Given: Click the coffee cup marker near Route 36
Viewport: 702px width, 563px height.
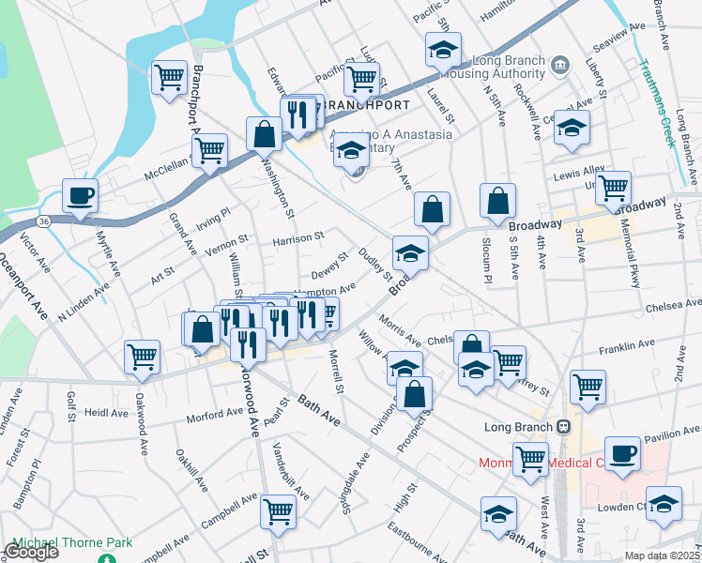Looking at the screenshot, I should pos(80,196).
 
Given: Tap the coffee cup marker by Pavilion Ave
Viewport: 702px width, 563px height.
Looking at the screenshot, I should pos(622,454).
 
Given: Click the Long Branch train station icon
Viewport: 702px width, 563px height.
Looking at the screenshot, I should pos(563,426).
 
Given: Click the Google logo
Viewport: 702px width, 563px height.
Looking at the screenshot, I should pos(31,551).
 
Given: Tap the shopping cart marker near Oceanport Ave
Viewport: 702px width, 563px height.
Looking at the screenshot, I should pos(143,357).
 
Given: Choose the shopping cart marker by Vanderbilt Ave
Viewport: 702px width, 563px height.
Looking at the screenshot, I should pos(279,511).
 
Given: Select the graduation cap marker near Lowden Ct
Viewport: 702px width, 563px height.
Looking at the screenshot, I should pos(664,504).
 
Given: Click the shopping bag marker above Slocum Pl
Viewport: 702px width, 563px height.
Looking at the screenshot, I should pos(497,200).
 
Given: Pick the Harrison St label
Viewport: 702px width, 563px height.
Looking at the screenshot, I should pos(298,238).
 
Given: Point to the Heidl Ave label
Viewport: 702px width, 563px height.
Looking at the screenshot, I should pos(105,412).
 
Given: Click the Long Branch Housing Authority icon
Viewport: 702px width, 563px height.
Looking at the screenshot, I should pos(559,64).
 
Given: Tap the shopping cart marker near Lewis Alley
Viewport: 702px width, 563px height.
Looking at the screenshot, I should pos(614,186).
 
